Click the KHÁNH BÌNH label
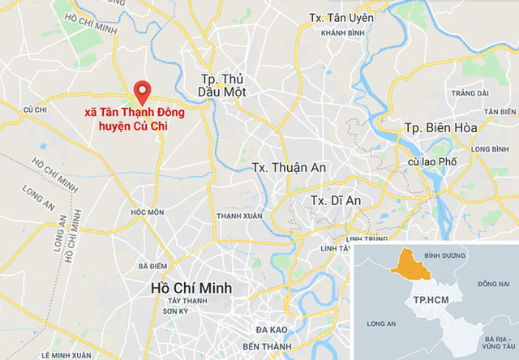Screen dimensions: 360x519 click(x=340, y=32)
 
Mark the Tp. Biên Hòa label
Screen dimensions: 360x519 click(x=440, y=128)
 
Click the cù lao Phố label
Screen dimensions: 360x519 click(x=432, y=162)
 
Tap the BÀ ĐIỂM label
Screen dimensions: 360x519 click(x=152, y=266)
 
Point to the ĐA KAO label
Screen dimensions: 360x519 click(x=272, y=330)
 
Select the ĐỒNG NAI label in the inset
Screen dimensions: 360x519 click(x=492, y=285)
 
